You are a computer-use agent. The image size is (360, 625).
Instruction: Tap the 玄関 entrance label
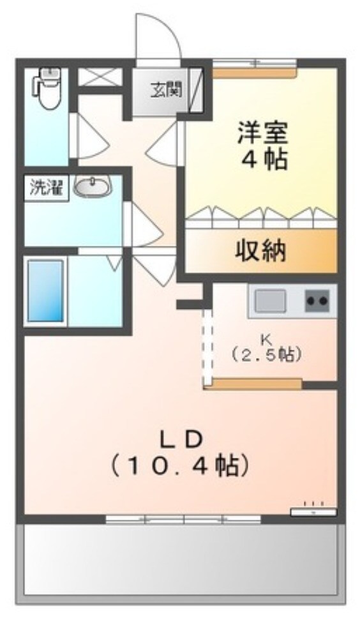(166, 89)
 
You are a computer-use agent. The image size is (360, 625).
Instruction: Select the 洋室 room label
(262, 132)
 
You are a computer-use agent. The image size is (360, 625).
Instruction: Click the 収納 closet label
(262, 252)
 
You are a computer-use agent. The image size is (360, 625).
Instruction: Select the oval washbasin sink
(93, 187)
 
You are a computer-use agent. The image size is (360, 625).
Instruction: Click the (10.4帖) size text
(179, 467)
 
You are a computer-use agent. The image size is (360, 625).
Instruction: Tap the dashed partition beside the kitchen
(207, 345)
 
